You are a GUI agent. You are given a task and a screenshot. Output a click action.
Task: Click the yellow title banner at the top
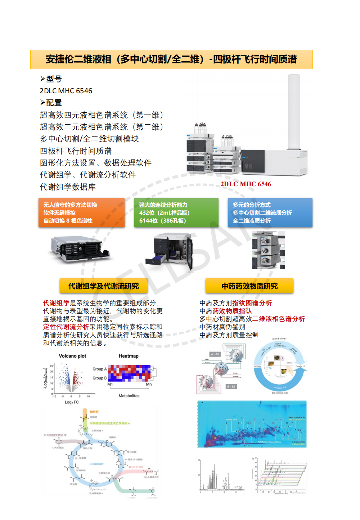[171, 59]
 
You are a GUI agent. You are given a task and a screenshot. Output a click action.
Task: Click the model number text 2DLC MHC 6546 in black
[66, 91]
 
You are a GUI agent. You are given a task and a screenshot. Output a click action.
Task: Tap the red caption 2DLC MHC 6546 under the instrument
[246, 184]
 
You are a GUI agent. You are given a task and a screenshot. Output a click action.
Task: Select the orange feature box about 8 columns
[81, 212]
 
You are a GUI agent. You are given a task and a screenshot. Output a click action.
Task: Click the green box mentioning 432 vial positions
[176, 212]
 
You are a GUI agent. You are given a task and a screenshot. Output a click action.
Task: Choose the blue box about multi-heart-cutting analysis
[270, 212]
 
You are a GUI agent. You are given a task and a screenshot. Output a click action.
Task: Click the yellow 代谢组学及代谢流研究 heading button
[103, 286]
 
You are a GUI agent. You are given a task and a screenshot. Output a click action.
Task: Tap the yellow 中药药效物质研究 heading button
[249, 286]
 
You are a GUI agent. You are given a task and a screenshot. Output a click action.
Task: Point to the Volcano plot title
[72, 356]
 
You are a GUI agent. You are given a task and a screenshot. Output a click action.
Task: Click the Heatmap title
[129, 356]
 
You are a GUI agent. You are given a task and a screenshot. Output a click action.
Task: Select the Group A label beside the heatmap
[99, 369]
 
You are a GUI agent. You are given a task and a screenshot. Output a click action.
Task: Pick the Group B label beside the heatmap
[99, 378]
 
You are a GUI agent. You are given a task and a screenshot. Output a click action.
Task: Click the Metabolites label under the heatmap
[129, 396]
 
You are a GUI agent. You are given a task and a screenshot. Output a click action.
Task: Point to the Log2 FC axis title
[72, 402]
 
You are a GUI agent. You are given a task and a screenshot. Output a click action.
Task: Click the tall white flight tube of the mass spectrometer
[294, 112]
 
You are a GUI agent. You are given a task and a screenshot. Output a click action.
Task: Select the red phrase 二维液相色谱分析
[278, 319]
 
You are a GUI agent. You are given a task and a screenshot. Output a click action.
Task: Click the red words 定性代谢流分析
[66, 327]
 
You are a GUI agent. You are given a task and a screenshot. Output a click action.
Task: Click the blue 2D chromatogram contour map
[252, 424]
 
